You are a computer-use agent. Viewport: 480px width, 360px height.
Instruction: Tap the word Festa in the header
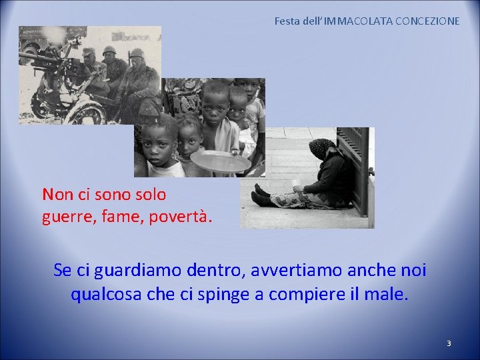[287, 21]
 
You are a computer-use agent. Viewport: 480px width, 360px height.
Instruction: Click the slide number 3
[449, 343]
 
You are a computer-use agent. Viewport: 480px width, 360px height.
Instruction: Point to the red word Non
[57, 195]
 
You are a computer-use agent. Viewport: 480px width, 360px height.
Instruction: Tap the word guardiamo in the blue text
[135, 271]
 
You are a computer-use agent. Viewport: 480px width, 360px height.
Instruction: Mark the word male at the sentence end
[387, 294]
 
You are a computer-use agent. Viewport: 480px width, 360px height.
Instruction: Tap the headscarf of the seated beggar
[322, 148]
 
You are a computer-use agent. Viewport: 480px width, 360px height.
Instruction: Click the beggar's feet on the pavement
[261, 195]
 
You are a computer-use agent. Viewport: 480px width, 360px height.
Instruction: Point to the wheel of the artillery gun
[83, 112]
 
